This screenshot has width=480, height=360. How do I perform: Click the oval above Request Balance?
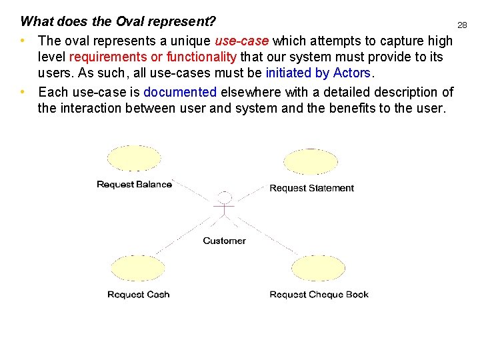coord(134,159)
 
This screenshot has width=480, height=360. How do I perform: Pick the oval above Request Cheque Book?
coord(318,269)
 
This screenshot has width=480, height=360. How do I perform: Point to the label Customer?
coord(224,241)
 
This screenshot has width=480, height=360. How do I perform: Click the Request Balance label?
coord(134,185)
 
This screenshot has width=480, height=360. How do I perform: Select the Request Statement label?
coord(311,188)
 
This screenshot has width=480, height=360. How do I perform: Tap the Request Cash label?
coord(138,295)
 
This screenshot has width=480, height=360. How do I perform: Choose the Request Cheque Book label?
coord(319,295)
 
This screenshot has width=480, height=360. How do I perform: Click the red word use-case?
coord(241,41)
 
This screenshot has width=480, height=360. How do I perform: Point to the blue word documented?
coord(180,92)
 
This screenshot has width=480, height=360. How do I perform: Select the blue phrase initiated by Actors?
coord(317,73)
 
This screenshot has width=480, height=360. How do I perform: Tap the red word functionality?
coord(201,57)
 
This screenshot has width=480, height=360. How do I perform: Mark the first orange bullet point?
coord(23,41)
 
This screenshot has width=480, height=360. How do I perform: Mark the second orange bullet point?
coord(23,92)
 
